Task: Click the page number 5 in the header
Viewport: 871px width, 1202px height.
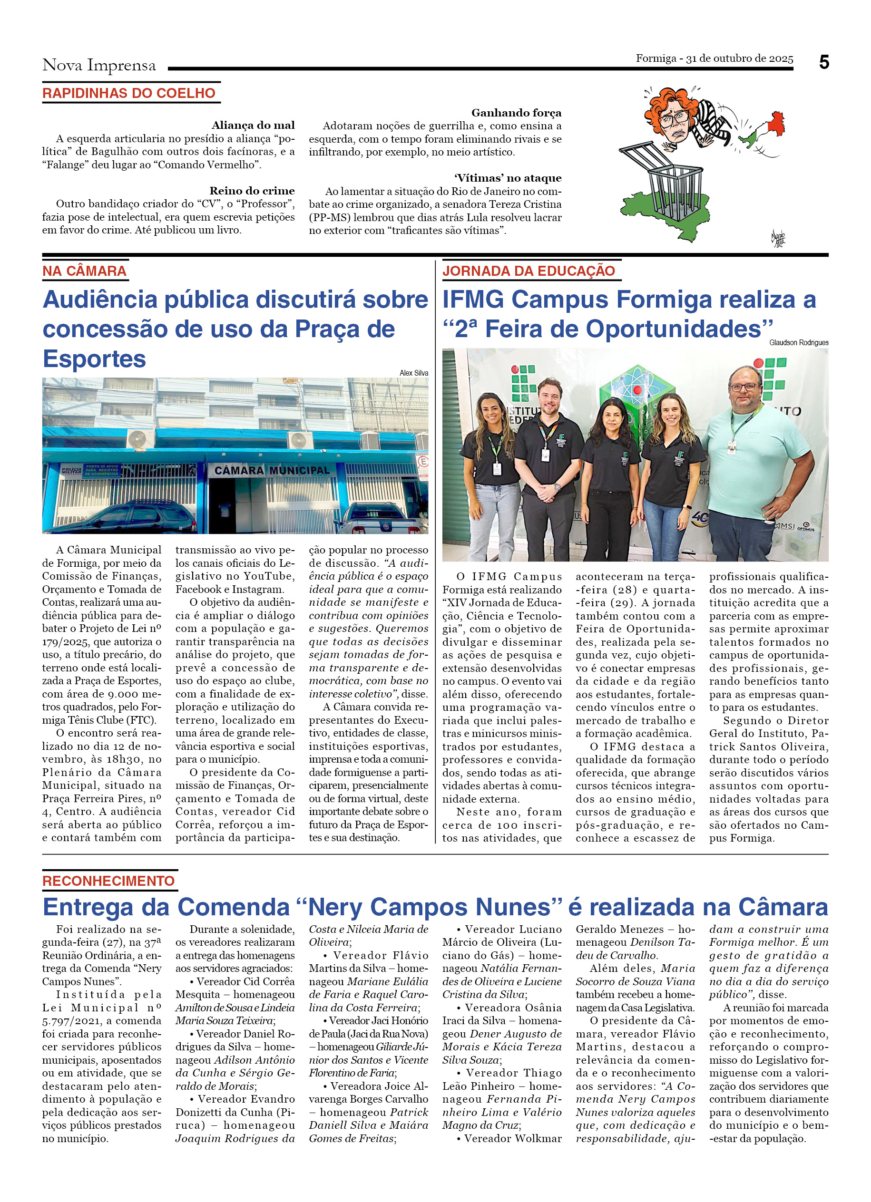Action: click(x=823, y=63)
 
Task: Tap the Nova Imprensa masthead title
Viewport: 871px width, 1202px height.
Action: click(x=99, y=65)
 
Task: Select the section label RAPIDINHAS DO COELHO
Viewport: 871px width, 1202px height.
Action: click(x=129, y=93)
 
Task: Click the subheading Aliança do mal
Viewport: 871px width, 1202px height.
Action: click(x=253, y=125)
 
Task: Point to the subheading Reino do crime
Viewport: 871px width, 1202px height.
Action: click(x=252, y=191)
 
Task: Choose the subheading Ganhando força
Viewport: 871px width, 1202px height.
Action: click(x=516, y=113)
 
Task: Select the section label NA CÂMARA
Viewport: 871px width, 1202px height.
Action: click(x=84, y=271)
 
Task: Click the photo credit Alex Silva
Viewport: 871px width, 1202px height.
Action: click(x=413, y=373)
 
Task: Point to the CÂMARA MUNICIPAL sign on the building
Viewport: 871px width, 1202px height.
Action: click(x=272, y=470)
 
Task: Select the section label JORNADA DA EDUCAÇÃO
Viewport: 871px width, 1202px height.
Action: click(x=528, y=271)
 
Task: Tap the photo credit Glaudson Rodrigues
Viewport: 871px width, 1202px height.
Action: click(x=798, y=343)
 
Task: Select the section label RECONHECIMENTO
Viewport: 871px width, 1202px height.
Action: click(x=108, y=881)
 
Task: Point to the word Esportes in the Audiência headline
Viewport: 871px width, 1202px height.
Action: click(x=94, y=359)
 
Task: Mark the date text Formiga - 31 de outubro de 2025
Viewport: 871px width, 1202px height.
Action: click(x=714, y=58)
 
